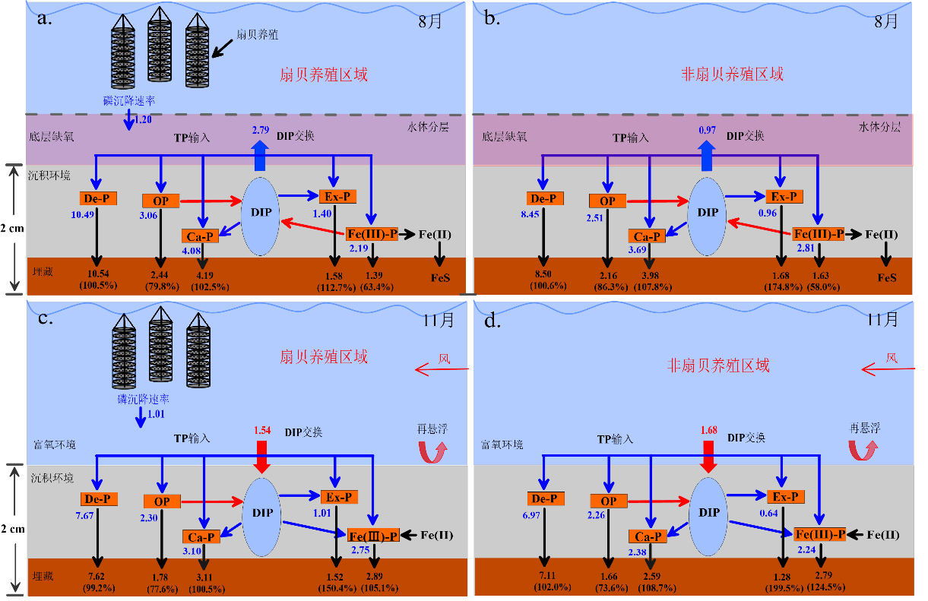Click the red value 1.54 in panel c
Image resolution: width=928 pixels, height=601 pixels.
point(261,431)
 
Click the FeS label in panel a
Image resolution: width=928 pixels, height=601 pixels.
point(439,277)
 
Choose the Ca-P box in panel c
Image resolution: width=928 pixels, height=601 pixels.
point(201,537)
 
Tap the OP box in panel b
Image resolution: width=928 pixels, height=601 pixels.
point(607,201)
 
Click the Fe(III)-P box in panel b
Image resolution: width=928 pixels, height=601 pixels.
point(819,234)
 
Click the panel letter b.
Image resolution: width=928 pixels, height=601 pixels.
point(492,17)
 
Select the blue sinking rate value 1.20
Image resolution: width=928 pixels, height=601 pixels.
point(142,119)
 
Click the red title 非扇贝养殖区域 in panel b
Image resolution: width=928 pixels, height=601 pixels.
point(731,74)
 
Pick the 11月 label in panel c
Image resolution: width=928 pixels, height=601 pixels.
point(438,319)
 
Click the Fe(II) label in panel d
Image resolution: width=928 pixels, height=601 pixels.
point(882,535)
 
